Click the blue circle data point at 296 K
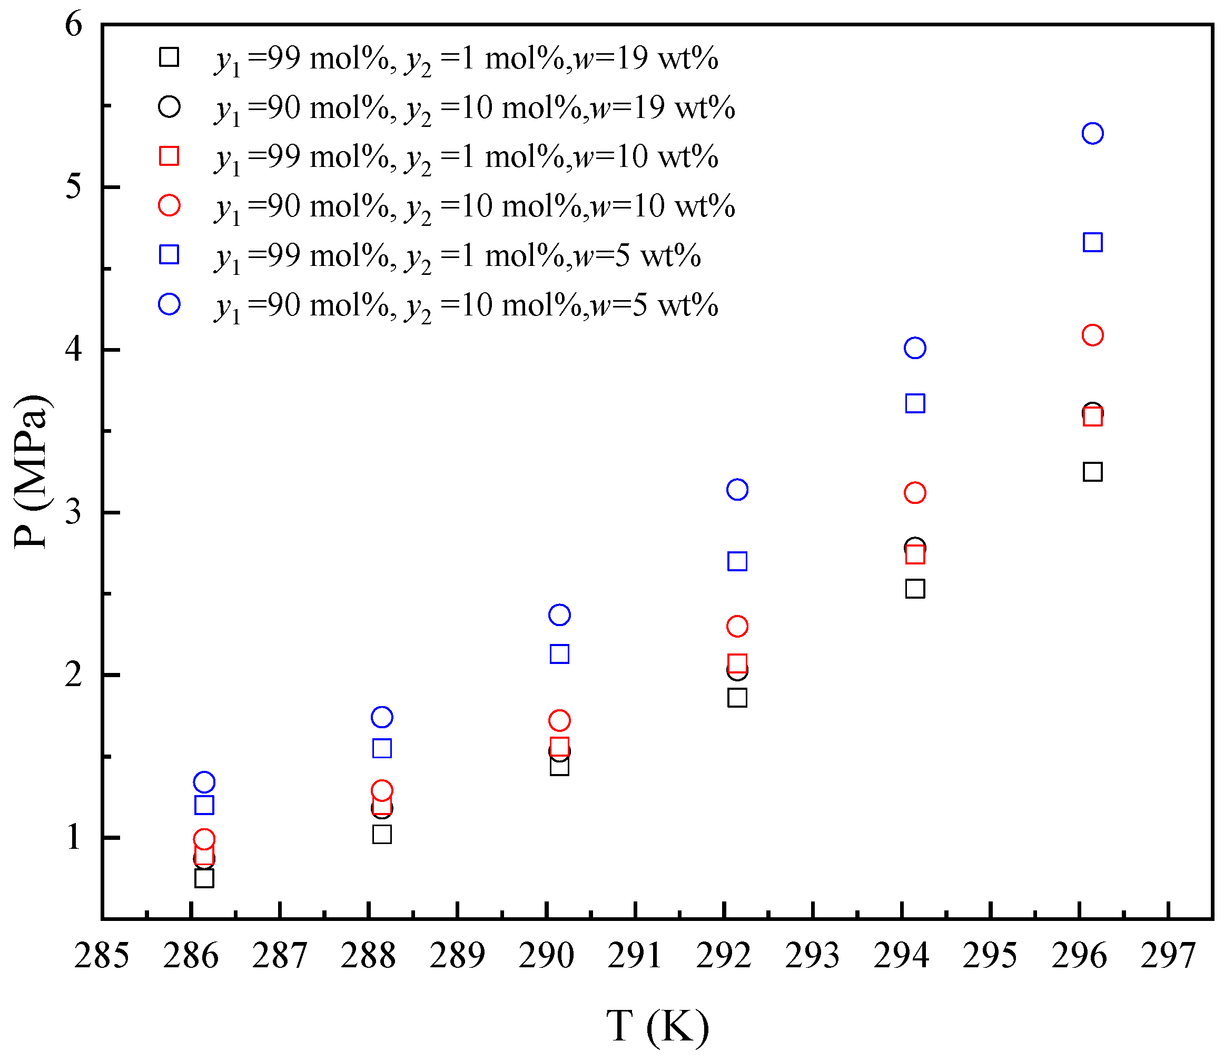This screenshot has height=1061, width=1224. click(1092, 133)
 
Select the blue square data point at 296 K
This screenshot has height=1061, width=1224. click(1092, 242)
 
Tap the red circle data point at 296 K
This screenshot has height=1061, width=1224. click(1092, 335)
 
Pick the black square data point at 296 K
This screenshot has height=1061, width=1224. click(1092, 472)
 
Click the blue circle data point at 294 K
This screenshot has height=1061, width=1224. click(915, 348)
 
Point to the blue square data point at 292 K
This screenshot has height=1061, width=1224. click(737, 561)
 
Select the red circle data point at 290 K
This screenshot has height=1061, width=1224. click(559, 720)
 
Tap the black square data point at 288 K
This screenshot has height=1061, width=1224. click(382, 834)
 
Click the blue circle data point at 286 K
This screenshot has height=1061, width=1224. click(204, 782)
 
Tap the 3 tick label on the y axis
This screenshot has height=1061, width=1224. click(74, 512)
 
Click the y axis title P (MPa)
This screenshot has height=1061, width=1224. click(31, 472)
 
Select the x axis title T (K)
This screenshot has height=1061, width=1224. click(657, 1026)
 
